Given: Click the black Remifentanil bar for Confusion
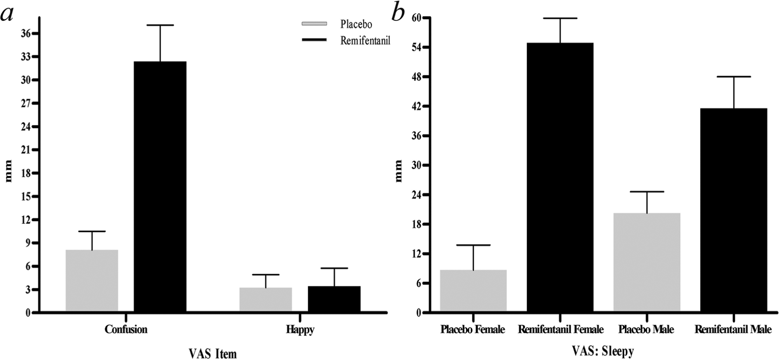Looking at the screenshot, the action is pyautogui.click(x=160, y=186).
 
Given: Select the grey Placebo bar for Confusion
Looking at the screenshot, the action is pyautogui.click(x=92, y=280).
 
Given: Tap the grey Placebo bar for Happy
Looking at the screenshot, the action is pyautogui.click(x=265, y=299).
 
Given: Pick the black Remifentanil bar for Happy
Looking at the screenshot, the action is pyautogui.click(x=334, y=299).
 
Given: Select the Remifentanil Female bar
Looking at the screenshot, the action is pyautogui.click(x=560, y=177).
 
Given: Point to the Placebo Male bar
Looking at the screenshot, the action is pyautogui.click(x=647, y=262).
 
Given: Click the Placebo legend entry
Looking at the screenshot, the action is pyautogui.click(x=337, y=24).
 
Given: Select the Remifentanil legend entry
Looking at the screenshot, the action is pyautogui.click(x=346, y=40).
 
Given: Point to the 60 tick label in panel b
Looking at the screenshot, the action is pyautogui.click(x=411, y=18).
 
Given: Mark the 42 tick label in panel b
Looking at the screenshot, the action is pyautogui.click(x=411, y=107).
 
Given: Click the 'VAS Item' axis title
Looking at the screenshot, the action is pyautogui.click(x=213, y=353).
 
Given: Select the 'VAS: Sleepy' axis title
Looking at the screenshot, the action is pyautogui.click(x=603, y=351).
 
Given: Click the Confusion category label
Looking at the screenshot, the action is pyautogui.click(x=126, y=329).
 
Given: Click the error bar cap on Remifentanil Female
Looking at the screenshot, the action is pyautogui.click(x=560, y=18).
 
